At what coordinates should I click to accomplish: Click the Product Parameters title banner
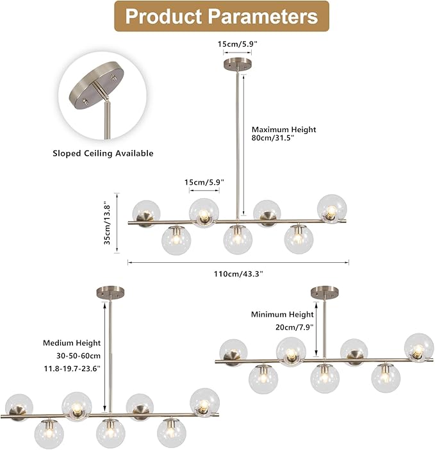222,16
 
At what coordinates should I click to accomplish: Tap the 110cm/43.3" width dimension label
238,274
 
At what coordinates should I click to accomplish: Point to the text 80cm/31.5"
273,138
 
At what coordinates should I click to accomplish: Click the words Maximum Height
284,129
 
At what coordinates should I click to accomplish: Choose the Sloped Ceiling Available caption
103,153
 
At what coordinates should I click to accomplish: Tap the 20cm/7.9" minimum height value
295,327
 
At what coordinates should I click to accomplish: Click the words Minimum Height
282,315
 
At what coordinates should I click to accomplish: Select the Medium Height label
72,343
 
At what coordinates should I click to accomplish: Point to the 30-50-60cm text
78,356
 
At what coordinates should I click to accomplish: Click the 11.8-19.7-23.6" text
72,369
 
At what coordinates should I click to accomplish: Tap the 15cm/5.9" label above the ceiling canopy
237,44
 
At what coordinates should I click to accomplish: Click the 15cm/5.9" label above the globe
204,182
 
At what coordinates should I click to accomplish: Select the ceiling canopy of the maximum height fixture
238,63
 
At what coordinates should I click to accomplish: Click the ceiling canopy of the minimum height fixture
325,292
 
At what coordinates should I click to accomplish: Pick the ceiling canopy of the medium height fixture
111,292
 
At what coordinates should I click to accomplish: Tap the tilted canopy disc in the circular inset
95,85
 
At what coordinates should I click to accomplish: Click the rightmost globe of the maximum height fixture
332,208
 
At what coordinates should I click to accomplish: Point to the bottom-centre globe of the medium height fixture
110,433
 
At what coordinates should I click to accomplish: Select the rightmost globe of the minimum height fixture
419,347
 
